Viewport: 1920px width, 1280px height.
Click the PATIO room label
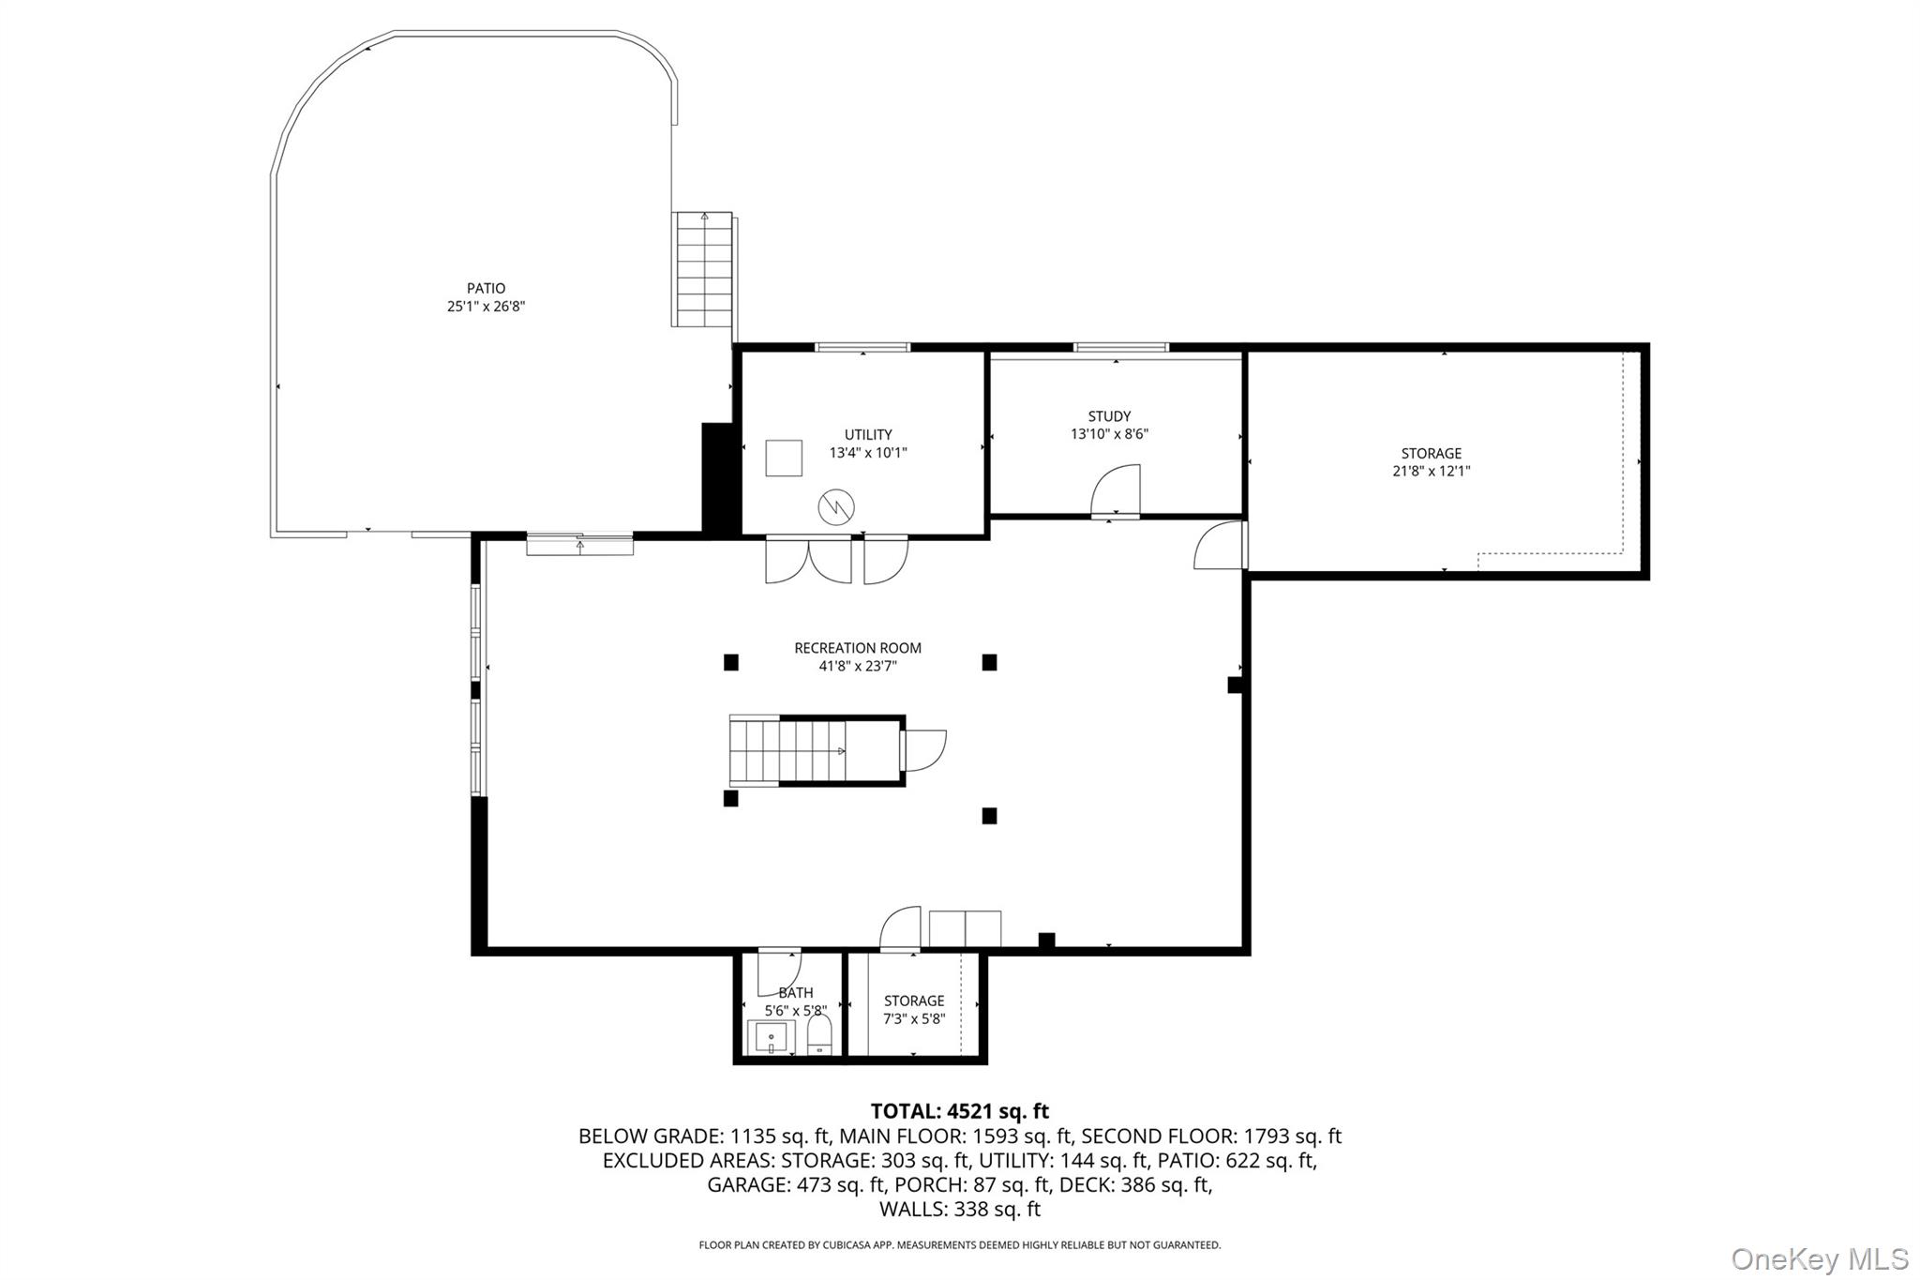[486, 289]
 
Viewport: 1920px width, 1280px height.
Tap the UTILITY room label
[868, 435]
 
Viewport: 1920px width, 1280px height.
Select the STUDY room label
[1109, 416]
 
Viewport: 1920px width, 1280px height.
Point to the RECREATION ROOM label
[858, 648]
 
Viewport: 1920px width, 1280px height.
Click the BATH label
[796, 993]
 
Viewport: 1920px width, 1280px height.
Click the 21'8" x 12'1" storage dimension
[1431, 472]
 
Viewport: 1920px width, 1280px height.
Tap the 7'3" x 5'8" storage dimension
[914, 1019]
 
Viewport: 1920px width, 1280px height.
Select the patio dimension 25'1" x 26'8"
[486, 307]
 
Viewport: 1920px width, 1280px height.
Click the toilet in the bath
[819, 1036]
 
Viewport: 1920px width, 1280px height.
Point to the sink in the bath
[771, 1038]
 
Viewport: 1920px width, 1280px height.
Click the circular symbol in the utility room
[836, 507]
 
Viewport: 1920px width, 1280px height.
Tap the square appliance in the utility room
[784, 458]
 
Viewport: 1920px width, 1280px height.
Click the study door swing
[1116, 489]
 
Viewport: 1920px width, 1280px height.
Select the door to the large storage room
[1220, 546]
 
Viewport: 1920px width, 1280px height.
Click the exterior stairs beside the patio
[702, 269]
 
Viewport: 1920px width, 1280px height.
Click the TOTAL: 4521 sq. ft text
[960, 1111]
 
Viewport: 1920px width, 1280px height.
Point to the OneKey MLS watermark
[1820, 1258]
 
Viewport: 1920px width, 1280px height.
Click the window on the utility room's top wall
[862, 347]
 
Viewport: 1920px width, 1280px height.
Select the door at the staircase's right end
[923, 750]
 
